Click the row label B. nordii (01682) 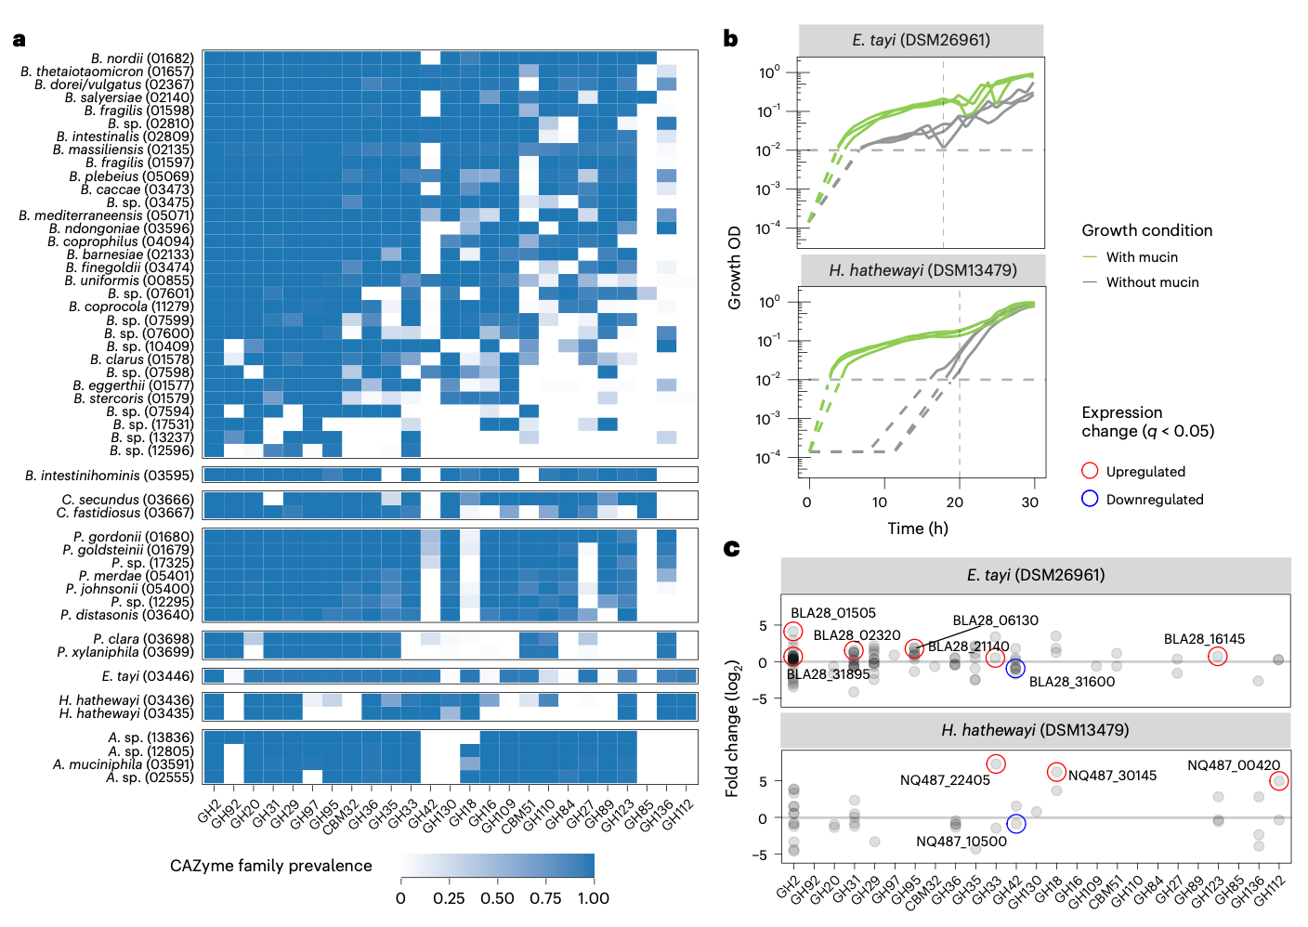[142, 59]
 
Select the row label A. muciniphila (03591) [124, 764]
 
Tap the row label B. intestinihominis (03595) [110, 476]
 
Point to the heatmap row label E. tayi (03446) [148, 676]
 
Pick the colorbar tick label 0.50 [497, 898]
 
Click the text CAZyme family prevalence [271, 866]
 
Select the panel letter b [730, 38]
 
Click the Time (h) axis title [917, 529]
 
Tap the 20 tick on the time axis [955, 502]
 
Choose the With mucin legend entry [1142, 257]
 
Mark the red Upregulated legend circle [1090, 471]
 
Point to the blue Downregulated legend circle [1090, 499]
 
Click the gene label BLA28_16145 [1204, 639]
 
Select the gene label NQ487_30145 [1112, 776]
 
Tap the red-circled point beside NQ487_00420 [1279, 781]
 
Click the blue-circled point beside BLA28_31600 [1015, 669]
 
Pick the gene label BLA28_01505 [833, 613]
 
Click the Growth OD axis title [734, 268]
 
